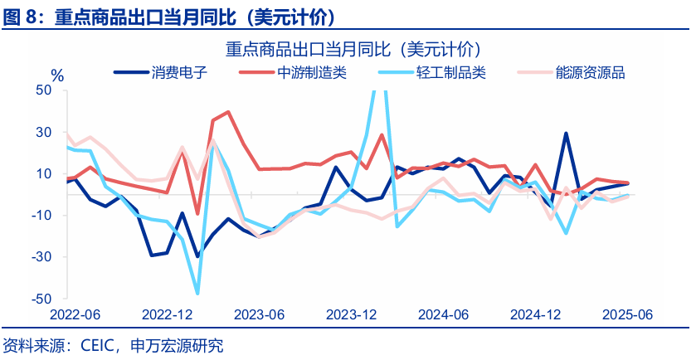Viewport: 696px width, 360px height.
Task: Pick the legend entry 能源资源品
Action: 591,72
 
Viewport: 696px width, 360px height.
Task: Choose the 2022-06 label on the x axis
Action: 75,315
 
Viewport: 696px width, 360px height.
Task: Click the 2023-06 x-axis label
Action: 260,315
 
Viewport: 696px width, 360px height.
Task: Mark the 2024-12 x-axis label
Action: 537,315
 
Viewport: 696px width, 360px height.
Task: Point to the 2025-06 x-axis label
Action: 629,315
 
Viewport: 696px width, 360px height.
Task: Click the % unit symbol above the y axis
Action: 57,75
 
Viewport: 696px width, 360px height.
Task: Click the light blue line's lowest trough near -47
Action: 197,293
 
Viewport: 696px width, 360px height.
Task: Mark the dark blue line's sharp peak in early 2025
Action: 566,133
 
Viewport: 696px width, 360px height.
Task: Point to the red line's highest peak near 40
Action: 228,112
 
